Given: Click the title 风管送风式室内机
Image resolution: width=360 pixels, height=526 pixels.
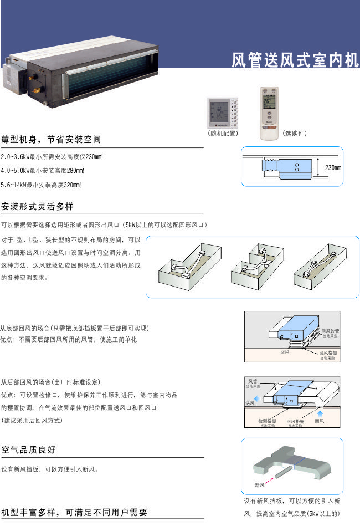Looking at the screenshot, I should point(295,60).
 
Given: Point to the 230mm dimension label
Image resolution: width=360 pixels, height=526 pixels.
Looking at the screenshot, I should point(333,168).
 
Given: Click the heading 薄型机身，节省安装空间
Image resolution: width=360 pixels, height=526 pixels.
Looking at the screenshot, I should point(51,139).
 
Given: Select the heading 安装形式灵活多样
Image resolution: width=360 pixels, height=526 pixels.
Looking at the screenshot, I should point(38,207).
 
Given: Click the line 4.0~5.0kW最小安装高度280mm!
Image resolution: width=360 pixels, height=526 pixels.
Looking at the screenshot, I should point(43,171).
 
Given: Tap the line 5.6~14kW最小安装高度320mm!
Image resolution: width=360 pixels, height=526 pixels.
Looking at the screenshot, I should point(42,185).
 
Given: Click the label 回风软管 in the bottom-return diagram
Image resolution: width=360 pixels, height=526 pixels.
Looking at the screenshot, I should point(330,331).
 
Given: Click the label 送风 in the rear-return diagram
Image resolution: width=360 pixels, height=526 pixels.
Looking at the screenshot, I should point(250,403).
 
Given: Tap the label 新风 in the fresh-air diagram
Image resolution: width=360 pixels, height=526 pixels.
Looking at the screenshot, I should point(260,485).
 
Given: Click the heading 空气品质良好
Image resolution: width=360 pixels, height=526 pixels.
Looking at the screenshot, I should point(29,450).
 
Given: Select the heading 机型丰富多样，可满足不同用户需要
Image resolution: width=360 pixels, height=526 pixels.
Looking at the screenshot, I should point(75,513).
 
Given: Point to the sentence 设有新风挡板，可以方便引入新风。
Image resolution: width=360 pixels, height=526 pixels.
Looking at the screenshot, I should point(50,469).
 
